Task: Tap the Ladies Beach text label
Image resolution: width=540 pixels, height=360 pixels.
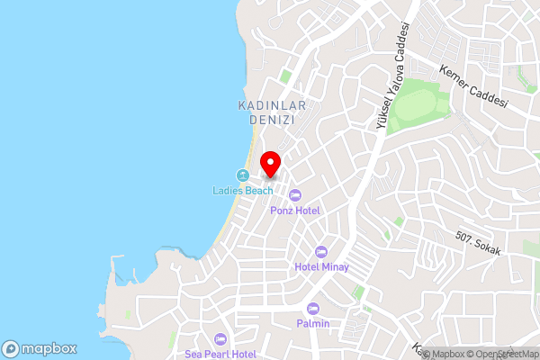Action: (x=242, y=191)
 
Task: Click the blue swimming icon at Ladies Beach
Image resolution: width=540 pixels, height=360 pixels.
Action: (x=242, y=175)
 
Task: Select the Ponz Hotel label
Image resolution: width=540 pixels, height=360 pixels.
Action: (x=295, y=211)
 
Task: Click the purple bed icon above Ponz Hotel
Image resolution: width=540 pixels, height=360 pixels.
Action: (x=295, y=195)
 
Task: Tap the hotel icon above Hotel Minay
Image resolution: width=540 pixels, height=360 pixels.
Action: (x=320, y=251)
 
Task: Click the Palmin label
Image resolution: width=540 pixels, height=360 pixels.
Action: (x=313, y=323)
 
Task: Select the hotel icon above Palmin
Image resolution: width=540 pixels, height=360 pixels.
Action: (x=313, y=308)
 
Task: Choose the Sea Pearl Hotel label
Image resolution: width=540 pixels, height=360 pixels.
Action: (x=220, y=355)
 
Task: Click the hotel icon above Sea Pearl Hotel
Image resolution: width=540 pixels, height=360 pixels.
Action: (x=220, y=339)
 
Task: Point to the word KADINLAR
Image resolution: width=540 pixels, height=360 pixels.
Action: (x=273, y=105)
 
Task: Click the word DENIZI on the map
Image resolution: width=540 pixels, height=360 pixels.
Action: (x=273, y=120)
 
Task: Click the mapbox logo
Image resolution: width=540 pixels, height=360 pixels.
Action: (x=39, y=348)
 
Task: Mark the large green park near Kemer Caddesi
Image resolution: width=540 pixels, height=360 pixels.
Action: (x=419, y=104)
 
